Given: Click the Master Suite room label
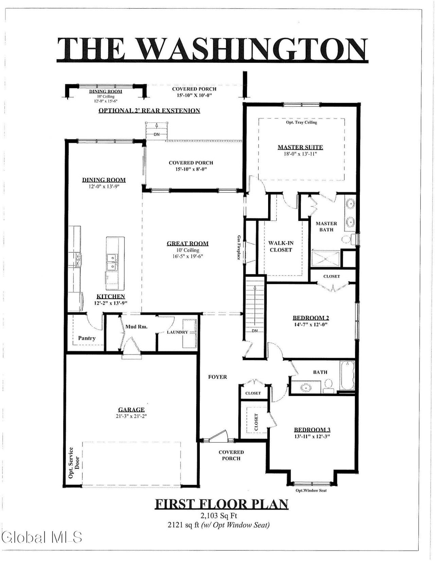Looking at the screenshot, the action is click(300, 147).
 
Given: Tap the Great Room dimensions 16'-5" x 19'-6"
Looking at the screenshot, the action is click(188, 256).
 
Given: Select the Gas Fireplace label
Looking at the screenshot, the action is click(239, 248).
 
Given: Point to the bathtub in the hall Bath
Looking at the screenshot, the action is click(347, 375).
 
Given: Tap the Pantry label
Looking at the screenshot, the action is click(87, 338).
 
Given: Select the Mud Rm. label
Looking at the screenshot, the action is click(137, 327).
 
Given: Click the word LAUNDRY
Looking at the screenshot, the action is click(177, 332).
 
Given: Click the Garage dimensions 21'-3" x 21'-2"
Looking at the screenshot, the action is click(131, 416).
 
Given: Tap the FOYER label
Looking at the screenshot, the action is click(217, 377).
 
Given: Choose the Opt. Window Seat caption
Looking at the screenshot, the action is click(311, 491).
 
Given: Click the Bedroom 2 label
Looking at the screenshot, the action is click(311, 318).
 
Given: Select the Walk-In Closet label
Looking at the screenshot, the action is click(281, 246).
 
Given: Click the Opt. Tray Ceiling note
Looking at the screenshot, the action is click(301, 122).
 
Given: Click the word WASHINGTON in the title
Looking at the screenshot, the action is click(254, 49).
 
